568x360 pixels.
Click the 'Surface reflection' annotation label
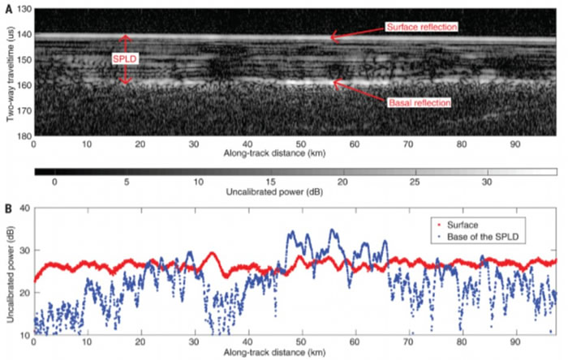click(x=424, y=27)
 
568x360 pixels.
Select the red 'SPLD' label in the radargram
click(x=124, y=59)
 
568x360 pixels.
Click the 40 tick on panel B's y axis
click(x=23, y=209)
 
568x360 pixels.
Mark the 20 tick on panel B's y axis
click(x=23, y=293)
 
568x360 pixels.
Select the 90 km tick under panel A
click(x=514, y=144)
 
